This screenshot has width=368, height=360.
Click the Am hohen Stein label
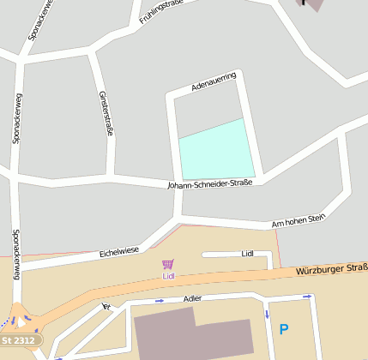(299, 221)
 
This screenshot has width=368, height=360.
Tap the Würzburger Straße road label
(331, 270)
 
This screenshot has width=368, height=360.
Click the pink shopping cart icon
(168, 265)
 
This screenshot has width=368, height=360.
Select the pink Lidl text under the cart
(168, 276)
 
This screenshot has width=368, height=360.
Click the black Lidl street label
(248, 254)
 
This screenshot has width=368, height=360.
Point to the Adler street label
(193, 298)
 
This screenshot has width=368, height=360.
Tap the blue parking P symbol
(284, 328)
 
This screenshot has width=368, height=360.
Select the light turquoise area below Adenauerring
(216, 149)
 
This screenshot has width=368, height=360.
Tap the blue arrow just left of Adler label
(159, 301)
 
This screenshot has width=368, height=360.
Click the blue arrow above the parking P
(306, 297)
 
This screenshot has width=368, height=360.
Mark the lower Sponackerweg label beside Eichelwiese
(15, 255)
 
